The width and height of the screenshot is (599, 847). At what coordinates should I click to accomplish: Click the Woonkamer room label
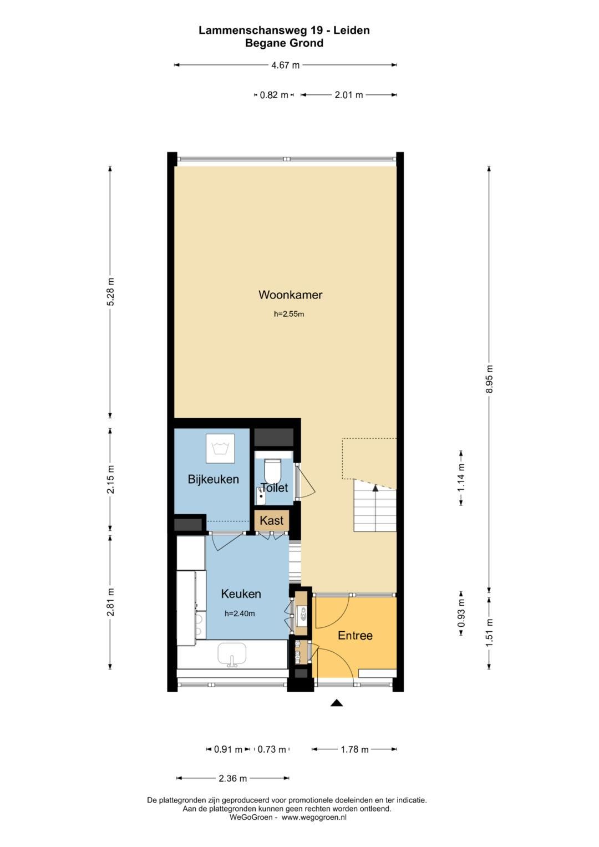pyautogui.click(x=290, y=295)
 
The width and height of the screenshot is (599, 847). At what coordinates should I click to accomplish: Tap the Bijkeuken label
pyautogui.click(x=214, y=479)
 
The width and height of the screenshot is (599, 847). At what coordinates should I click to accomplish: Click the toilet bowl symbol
pyautogui.click(x=272, y=469)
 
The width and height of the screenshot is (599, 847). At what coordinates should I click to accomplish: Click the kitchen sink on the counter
pyautogui.click(x=232, y=655)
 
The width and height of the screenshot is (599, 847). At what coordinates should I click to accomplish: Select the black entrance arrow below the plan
pyautogui.click(x=337, y=703)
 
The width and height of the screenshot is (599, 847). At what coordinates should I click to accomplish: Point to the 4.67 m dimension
pyautogui.click(x=285, y=65)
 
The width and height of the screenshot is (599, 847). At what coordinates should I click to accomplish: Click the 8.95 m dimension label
pyautogui.click(x=489, y=379)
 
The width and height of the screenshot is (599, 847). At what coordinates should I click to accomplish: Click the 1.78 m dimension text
pyautogui.click(x=354, y=749)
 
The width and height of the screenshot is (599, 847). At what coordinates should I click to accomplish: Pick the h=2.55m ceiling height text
pyautogui.click(x=289, y=314)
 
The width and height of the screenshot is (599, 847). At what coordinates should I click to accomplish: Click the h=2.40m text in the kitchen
pyautogui.click(x=240, y=613)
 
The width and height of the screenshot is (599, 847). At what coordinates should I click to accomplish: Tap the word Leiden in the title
pyautogui.click(x=351, y=31)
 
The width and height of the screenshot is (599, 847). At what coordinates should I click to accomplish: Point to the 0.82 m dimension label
pyautogui.click(x=274, y=95)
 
